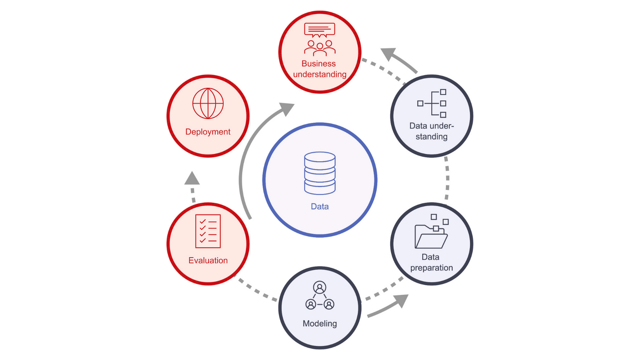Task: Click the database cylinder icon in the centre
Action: [x=320, y=173]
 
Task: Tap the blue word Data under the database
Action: [x=320, y=207]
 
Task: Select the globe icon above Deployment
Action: [x=208, y=103]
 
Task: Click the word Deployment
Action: [x=208, y=132]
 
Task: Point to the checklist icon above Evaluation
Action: [x=208, y=231]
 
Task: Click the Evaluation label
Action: [x=208, y=260]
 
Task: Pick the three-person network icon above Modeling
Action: [x=320, y=296]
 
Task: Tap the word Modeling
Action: [x=320, y=323]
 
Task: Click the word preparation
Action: [x=431, y=268]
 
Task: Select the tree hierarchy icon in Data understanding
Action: [x=432, y=103]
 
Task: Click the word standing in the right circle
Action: [x=431, y=136]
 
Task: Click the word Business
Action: [x=318, y=64]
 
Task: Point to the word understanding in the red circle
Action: [x=320, y=74]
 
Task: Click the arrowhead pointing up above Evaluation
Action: [x=192, y=179]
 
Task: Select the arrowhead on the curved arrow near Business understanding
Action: [x=286, y=109]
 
